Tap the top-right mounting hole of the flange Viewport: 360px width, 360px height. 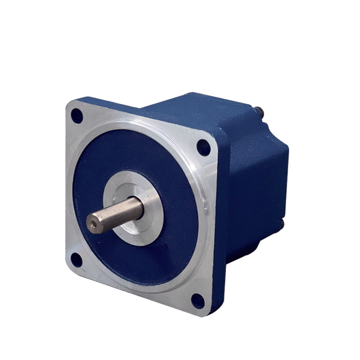click(203, 148)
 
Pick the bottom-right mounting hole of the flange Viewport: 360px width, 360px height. click(198, 301)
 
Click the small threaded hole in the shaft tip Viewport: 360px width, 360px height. click(92, 223)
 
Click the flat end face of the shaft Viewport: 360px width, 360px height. click(93, 223)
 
